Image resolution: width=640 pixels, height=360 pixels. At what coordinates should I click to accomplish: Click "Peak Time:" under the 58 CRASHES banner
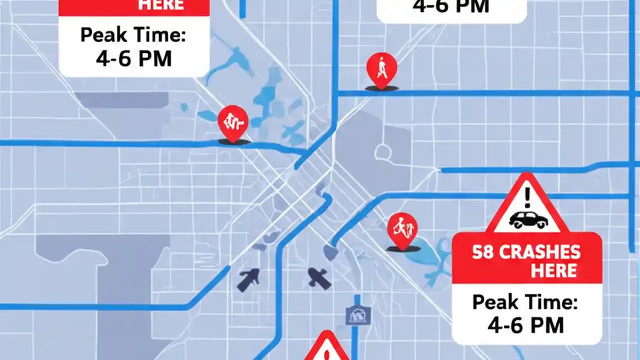[x=525, y=302]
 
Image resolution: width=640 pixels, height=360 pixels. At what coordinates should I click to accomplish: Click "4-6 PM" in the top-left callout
[x=133, y=58]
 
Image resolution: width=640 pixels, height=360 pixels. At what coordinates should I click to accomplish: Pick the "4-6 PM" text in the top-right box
[x=451, y=7]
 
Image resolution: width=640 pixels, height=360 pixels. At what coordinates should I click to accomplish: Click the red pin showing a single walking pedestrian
[x=382, y=69]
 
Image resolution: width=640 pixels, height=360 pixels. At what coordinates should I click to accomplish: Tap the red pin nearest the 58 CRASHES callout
[x=402, y=229]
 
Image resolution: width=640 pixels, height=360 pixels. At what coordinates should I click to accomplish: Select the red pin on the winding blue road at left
[x=233, y=122]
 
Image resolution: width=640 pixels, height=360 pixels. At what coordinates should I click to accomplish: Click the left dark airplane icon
[x=248, y=279]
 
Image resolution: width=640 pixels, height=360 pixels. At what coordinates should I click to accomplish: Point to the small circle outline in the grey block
[x=383, y=152]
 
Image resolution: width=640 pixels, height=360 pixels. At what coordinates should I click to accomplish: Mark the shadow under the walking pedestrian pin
[x=382, y=88]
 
